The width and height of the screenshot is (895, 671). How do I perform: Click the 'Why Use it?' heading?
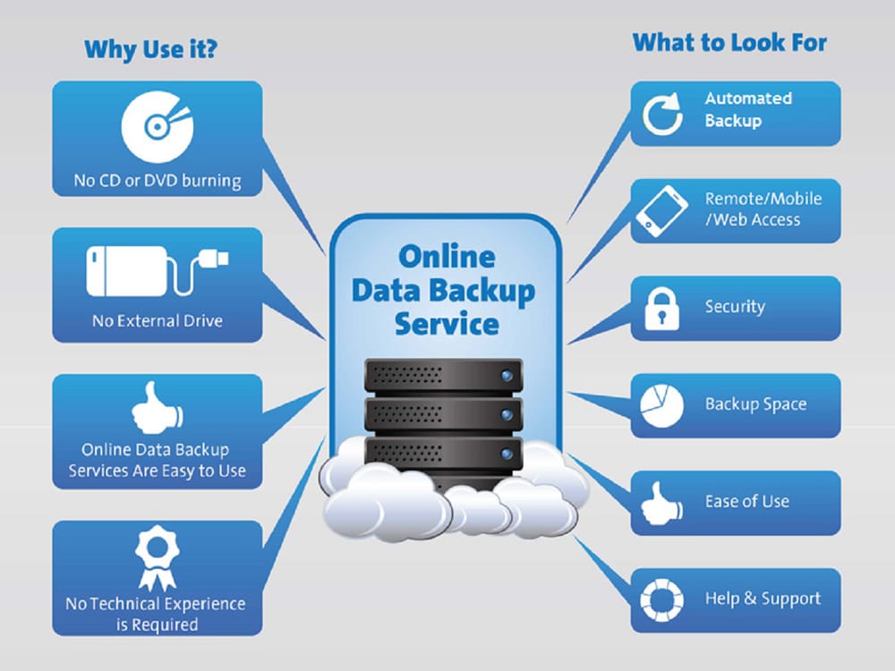(x=150, y=49)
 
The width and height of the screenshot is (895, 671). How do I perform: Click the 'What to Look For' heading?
(x=729, y=43)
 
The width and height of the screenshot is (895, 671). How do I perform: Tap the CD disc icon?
(x=157, y=127)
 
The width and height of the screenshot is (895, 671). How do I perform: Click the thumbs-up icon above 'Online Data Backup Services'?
(x=157, y=407)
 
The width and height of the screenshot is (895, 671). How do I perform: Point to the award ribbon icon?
(x=157, y=558)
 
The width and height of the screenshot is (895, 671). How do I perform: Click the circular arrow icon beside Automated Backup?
(x=662, y=115)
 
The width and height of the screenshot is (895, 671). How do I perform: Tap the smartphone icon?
(x=661, y=211)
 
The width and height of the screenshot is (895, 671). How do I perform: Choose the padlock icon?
(x=661, y=309)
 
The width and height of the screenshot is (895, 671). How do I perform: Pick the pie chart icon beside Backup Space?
(x=661, y=405)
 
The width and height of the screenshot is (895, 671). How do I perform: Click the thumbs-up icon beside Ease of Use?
(x=661, y=503)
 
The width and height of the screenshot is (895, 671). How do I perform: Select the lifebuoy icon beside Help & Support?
(x=661, y=600)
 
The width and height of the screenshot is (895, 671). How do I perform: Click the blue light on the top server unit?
(x=507, y=376)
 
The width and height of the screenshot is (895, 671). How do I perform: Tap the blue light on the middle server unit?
(x=507, y=415)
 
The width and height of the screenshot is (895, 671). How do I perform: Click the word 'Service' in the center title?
(x=447, y=324)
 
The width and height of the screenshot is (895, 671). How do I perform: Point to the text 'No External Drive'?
(x=158, y=320)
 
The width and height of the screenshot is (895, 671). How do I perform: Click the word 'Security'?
(x=735, y=307)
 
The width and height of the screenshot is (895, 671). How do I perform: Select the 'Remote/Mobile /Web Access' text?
(x=763, y=209)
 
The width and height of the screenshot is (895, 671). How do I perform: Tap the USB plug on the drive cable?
(x=214, y=259)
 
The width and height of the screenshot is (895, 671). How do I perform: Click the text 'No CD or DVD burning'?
(x=158, y=181)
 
